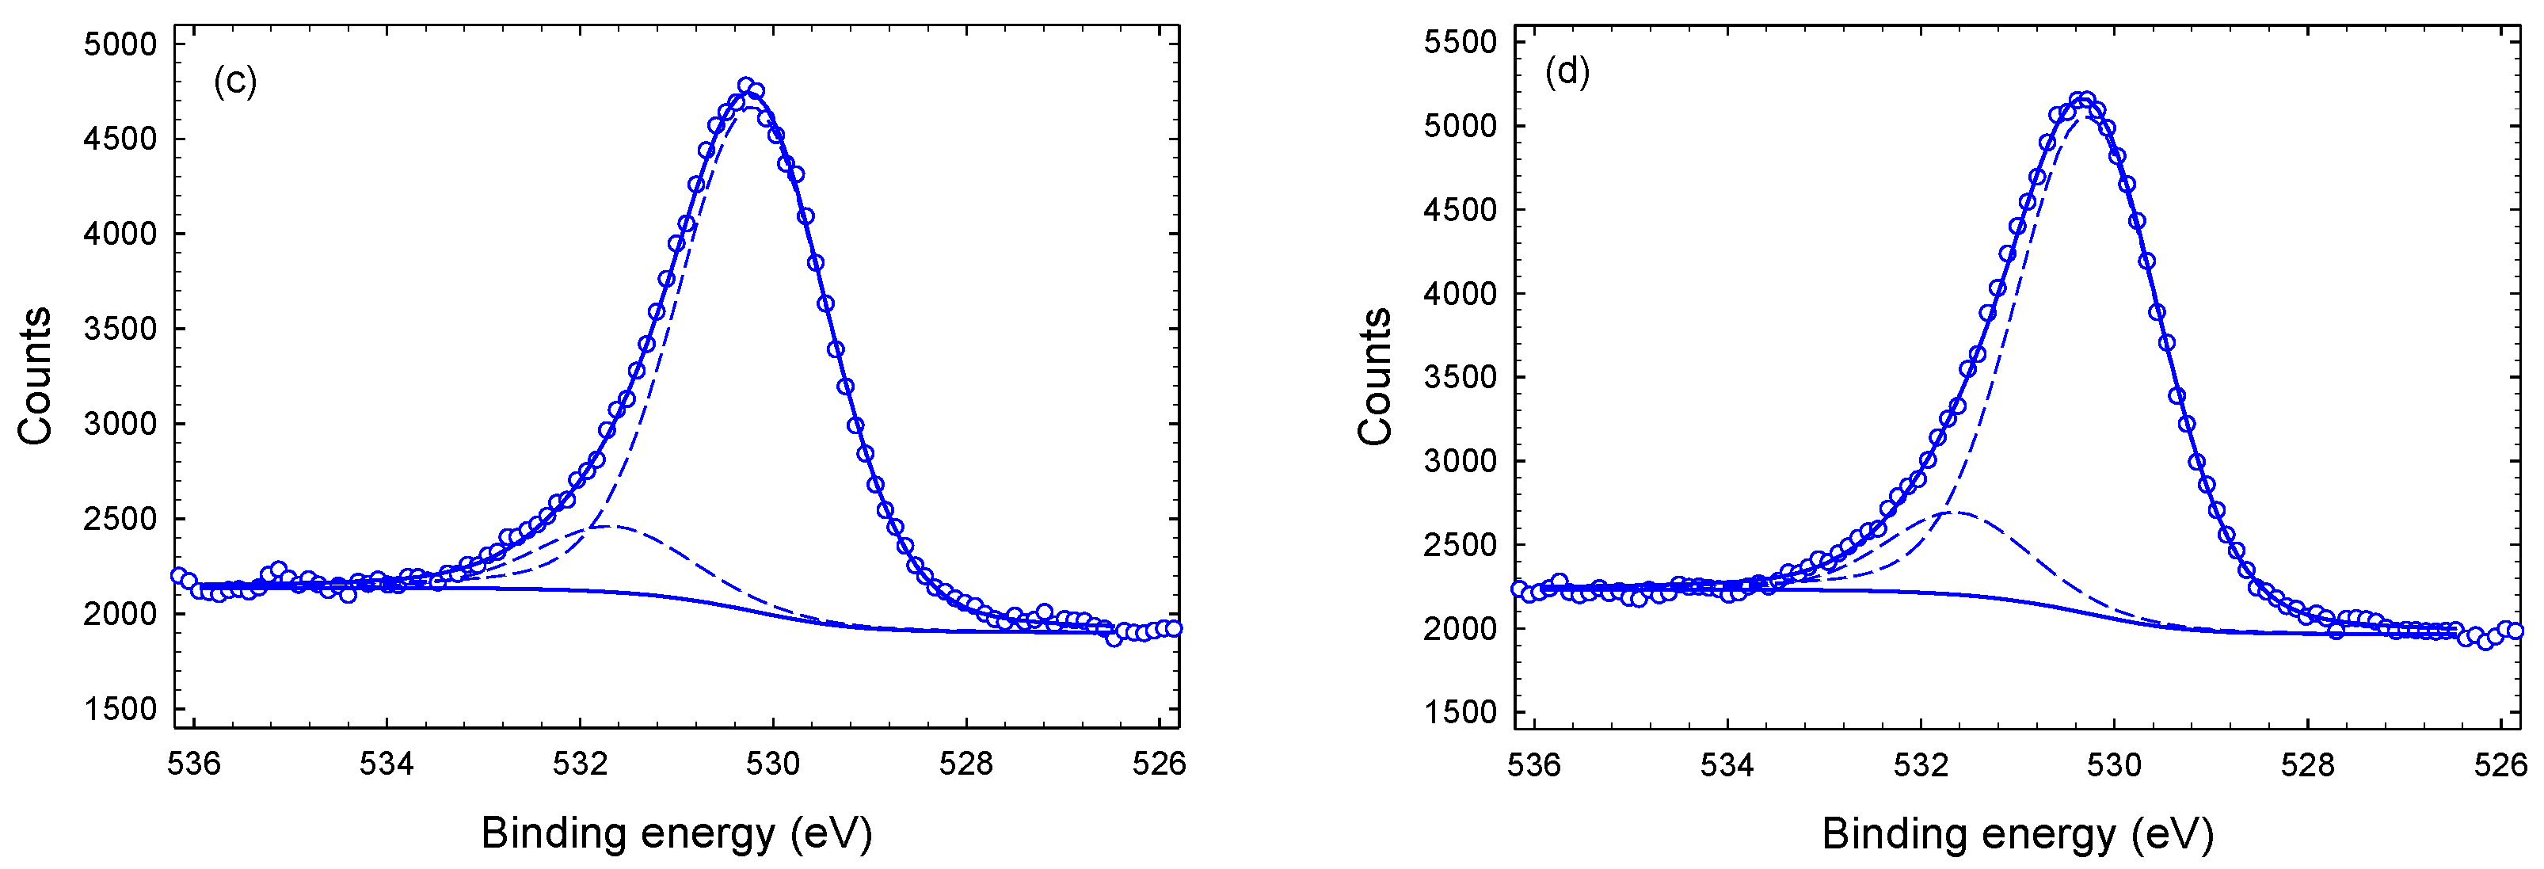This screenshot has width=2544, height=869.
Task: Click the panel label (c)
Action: point(235,80)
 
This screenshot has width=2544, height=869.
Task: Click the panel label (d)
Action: point(1567,71)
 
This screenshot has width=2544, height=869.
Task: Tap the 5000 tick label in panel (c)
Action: point(120,44)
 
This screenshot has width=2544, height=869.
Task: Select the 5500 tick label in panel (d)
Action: point(1460,43)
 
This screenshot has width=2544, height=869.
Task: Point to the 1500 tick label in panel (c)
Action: point(120,709)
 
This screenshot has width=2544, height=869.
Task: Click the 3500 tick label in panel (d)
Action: point(1460,377)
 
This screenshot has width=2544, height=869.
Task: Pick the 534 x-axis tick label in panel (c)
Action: point(387,764)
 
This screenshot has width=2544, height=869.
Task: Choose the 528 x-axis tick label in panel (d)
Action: point(2307,764)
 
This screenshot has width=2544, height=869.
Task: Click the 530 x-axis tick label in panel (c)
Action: point(773,764)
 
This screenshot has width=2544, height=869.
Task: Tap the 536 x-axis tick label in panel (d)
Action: point(1533,764)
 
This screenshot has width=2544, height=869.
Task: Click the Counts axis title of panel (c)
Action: point(36,376)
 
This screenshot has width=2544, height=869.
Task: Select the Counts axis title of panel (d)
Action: point(1375,376)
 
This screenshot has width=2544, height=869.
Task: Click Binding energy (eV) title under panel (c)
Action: point(676,833)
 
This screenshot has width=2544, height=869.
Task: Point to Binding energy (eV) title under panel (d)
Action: point(2017,834)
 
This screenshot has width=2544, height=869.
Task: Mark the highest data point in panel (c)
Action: point(747,86)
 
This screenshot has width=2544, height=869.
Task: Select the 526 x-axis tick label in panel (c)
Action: point(1160,764)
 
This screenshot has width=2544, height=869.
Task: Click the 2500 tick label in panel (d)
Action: point(1460,545)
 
